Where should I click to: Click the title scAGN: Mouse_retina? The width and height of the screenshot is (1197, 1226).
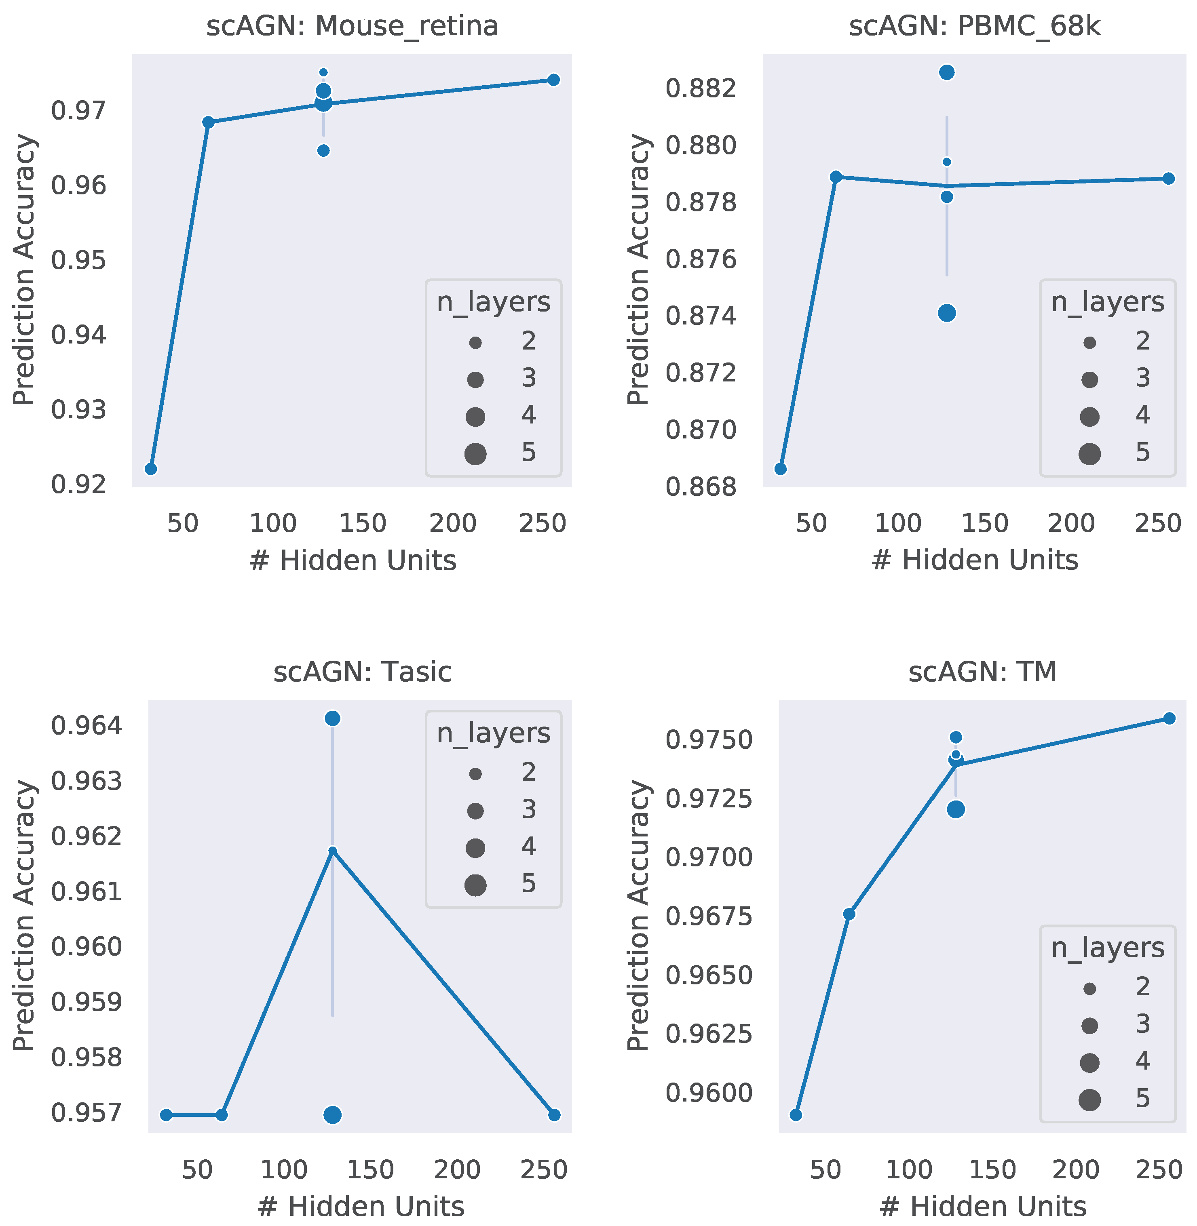pyautogui.click(x=352, y=26)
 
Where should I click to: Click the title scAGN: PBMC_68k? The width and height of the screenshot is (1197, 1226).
pyautogui.click(x=974, y=26)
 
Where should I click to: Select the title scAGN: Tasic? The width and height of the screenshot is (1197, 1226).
pyautogui.click(x=362, y=672)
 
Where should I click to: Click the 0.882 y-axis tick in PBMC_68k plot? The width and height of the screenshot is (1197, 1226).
pyautogui.click(x=700, y=88)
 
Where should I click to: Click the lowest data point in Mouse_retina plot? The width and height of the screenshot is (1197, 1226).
pyautogui.click(x=151, y=469)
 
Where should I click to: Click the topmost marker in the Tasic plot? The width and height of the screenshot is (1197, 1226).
pyautogui.click(x=333, y=718)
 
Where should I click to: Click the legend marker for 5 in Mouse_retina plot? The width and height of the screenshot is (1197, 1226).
pyautogui.click(x=475, y=453)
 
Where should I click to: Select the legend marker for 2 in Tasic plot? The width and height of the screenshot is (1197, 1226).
pyautogui.click(x=475, y=774)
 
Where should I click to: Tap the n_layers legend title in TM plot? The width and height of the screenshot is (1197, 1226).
pyautogui.click(x=1108, y=948)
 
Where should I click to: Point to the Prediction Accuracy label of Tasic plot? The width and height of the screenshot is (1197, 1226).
pyautogui.click(x=24, y=916)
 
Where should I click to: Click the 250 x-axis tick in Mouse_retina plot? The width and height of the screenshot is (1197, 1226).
pyautogui.click(x=543, y=523)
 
